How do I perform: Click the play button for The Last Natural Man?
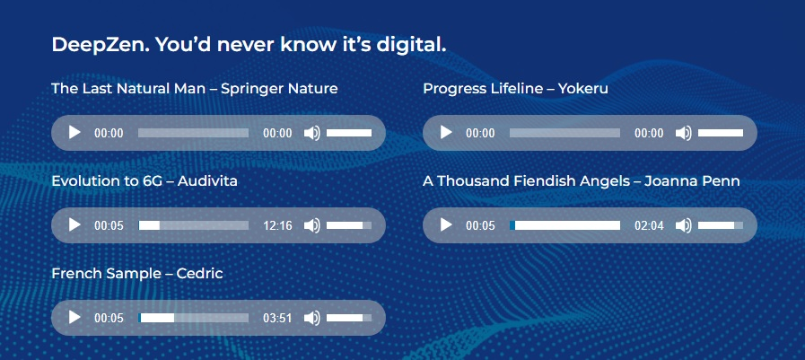75,133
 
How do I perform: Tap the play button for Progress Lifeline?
446,133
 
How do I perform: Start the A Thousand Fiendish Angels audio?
446,225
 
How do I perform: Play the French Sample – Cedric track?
75,318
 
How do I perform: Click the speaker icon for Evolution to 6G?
311,225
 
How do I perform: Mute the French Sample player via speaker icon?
311,318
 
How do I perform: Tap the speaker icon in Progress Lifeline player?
683,133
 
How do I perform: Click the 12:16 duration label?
277,225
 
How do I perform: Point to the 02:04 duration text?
649,225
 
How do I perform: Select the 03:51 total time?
277,318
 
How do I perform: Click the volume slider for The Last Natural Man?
349,133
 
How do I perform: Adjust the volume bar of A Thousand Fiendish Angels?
721,225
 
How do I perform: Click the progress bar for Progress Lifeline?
564,133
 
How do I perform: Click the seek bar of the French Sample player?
194,318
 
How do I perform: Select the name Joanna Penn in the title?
692,181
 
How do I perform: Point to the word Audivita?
207,181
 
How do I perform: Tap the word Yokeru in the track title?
583,89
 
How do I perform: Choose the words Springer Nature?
279,90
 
